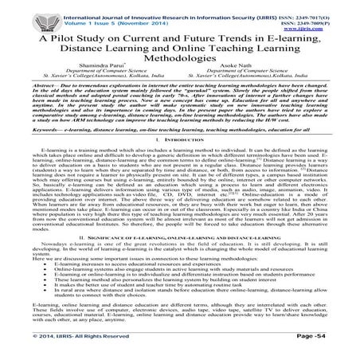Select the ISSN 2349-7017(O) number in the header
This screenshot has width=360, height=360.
click(331, 9)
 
